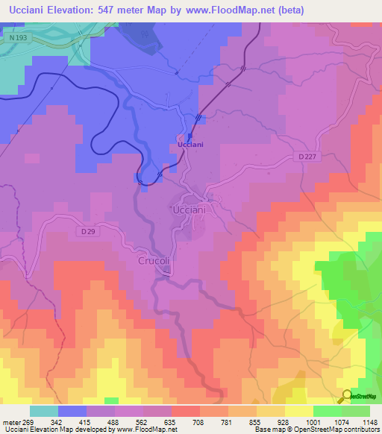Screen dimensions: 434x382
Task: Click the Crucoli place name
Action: pos(156,261)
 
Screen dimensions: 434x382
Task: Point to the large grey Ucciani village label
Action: pos(189,210)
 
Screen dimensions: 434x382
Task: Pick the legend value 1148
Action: pos(360,421)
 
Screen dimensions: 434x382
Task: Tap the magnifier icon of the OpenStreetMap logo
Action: pos(347,396)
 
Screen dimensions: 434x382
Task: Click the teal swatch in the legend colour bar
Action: pos(44,410)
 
